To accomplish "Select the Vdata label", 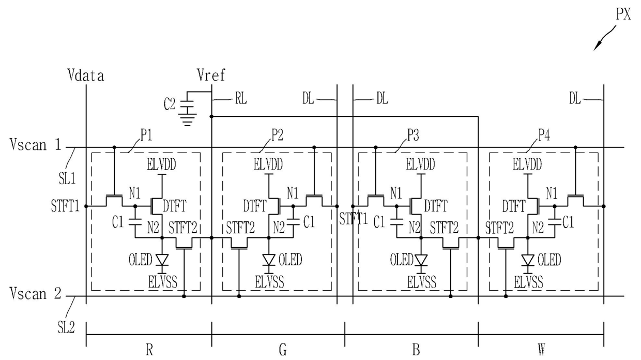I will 86,76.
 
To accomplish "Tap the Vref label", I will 211,76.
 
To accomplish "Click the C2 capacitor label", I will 170,103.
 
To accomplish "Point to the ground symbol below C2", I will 186,121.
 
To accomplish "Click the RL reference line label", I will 239,99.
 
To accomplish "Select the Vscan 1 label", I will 35,145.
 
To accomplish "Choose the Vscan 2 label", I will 35,294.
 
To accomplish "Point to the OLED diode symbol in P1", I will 162,260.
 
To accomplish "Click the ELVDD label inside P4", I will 527,165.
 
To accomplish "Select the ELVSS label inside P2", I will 268,282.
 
